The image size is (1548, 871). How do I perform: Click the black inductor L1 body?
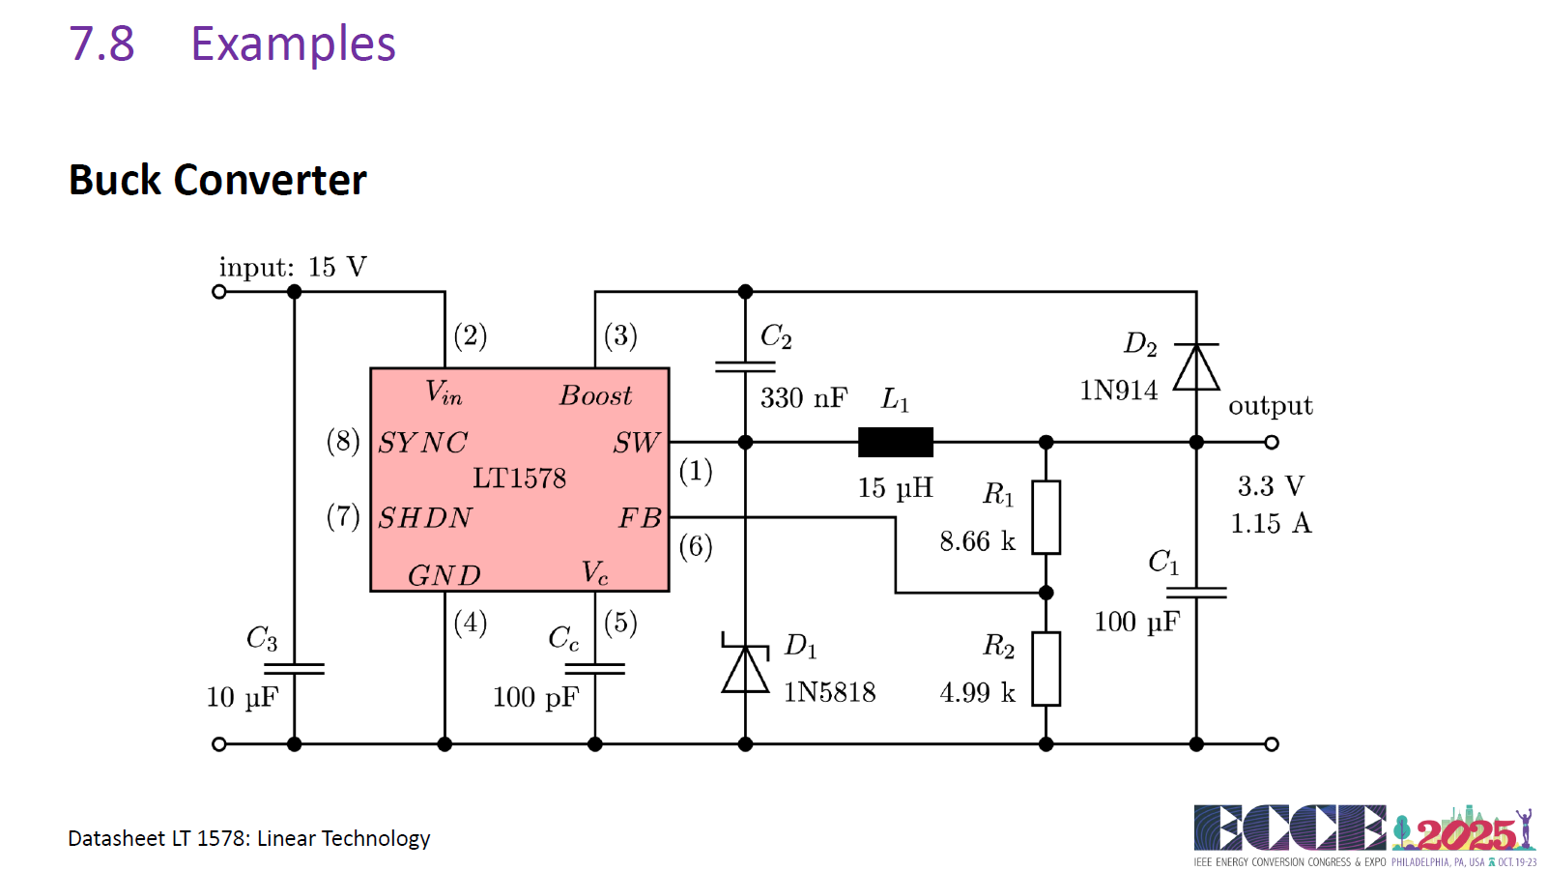[896, 443]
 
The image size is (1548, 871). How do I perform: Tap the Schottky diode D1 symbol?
[745, 662]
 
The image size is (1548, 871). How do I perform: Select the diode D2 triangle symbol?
[1196, 367]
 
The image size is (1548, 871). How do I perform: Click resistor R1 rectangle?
[1046, 517]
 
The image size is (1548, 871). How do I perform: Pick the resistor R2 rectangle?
[1046, 668]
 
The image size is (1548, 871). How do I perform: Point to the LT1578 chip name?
[519, 479]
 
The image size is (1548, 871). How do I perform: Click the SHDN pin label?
[426, 518]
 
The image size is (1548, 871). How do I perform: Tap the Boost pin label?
[595, 395]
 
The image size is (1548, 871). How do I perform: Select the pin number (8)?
[343, 442]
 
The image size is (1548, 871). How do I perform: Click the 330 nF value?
[804, 398]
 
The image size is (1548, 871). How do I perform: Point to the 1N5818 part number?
[829, 692]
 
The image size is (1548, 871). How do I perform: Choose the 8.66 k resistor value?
[978, 541]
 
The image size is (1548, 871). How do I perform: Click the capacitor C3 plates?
[294, 668]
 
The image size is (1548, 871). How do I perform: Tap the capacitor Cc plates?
[595, 668]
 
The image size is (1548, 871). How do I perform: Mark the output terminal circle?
[1272, 442]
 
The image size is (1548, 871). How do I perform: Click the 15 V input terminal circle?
[219, 292]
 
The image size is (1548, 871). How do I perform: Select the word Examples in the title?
[293, 44]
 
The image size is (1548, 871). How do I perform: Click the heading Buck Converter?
[217, 180]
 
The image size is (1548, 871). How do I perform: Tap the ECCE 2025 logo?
[1364, 835]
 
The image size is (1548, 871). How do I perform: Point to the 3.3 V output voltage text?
[1271, 486]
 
